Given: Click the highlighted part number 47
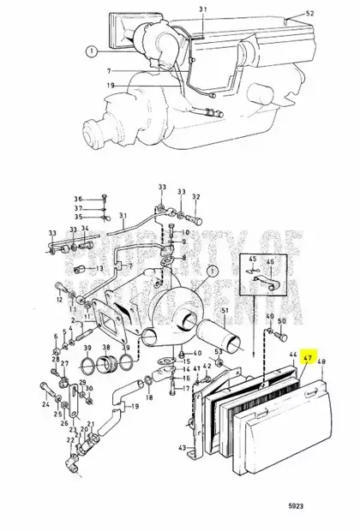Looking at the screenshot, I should click(309, 352).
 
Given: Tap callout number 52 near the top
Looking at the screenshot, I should click(309, 15).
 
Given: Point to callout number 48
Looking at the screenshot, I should click(322, 361).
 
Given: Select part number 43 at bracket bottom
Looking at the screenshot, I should click(182, 448).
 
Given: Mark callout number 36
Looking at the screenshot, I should click(77, 198).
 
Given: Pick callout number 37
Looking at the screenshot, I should click(77, 207).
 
